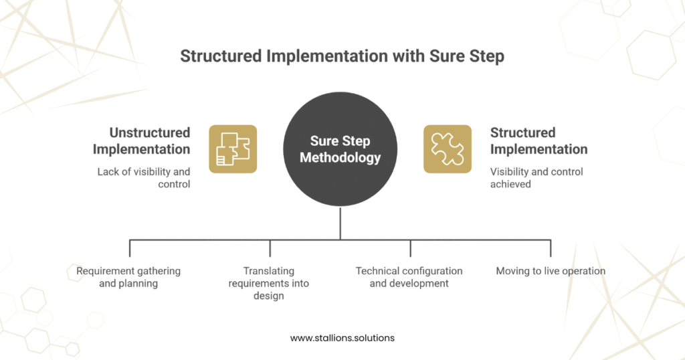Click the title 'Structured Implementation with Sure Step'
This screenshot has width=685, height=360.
coord(342,56)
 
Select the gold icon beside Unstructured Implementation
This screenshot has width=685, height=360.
coord(233,149)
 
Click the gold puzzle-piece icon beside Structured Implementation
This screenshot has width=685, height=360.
coord(448,149)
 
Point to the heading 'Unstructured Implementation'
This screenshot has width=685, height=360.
coord(141,141)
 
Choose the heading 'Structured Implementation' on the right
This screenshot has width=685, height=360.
coord(539,141)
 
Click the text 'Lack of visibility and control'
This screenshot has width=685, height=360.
coord(143,177)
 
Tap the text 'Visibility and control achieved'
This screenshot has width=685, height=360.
coord(536,177)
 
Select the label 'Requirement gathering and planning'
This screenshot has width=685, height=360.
coord(128,277)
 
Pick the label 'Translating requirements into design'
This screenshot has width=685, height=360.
coord(269,283)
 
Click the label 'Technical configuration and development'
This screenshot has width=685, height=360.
coord(409,277)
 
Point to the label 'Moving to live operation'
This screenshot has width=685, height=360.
coord(551,271)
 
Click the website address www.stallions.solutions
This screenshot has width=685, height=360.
coord(342,338)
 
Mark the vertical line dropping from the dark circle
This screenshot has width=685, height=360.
coord(340,223)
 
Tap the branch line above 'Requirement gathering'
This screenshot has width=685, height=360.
coord(129,248)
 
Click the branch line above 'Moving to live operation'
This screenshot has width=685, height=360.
coord(551,248)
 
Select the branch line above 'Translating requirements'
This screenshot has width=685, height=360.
coord(270,248)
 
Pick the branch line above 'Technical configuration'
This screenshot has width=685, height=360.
coord(410,248)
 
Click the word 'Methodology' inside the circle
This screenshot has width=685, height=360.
coord(340,159)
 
